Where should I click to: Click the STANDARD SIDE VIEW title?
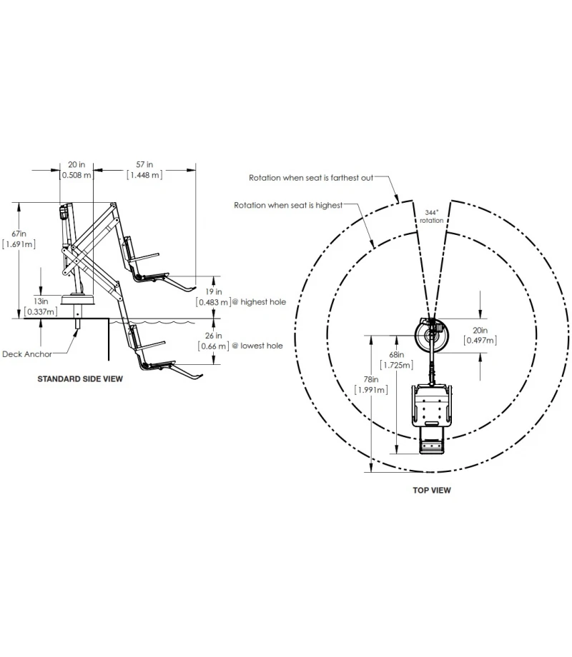[80, 378]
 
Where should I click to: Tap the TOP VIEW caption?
[431, 490]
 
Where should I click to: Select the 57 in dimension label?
[144, 165]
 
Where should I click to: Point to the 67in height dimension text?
[19, 234]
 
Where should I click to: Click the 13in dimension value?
[41, 301]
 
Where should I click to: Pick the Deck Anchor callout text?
[27, 354]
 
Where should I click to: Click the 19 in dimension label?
[214, 291]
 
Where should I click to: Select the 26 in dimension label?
[214, 336]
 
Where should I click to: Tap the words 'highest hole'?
[263, 302]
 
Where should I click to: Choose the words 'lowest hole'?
[262, 346]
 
